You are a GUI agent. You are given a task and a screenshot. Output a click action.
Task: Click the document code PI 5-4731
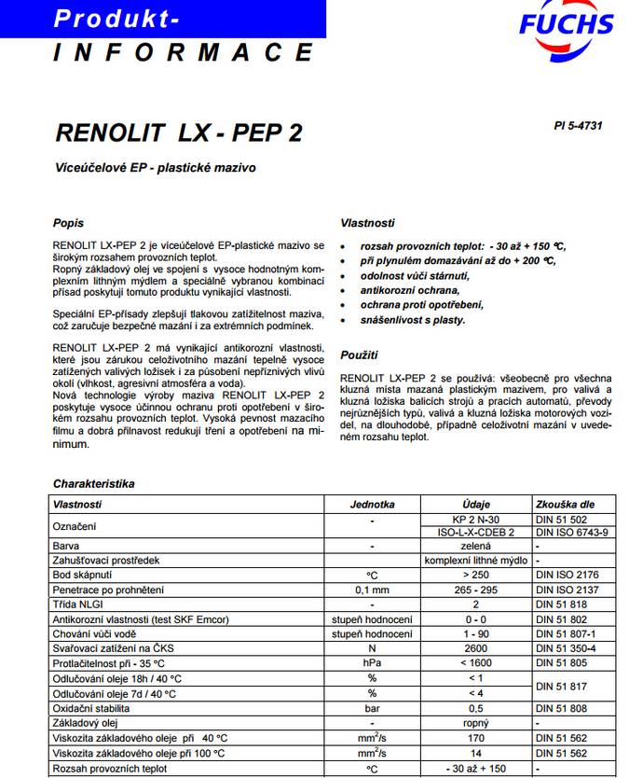coord(578,125)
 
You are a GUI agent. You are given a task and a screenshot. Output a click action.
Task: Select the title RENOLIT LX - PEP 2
coord(179,132)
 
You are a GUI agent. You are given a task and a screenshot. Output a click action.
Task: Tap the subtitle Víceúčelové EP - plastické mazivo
coord(155,169)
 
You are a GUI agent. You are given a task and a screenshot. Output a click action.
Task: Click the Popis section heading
coord(68,224)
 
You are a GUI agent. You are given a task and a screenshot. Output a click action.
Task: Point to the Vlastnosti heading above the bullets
coord(367,224)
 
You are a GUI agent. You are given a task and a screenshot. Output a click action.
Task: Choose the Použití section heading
coord(359,355)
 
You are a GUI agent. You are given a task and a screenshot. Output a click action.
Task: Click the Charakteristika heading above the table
coord(94,484)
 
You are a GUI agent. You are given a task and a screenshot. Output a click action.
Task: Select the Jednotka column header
coord(372,505)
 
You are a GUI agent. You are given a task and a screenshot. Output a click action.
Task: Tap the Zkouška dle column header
coord(565,505)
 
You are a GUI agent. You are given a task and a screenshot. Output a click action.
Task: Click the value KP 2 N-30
coord(475,519)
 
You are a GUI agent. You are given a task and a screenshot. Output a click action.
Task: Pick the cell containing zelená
coord(475,547)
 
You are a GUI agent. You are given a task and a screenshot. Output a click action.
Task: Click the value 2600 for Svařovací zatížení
coord(475,648)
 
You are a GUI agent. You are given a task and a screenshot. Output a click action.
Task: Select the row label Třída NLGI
coord(85,604)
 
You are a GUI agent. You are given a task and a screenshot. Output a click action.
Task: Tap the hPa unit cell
coord(372,663)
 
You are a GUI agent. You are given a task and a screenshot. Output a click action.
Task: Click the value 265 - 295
coord(475,590)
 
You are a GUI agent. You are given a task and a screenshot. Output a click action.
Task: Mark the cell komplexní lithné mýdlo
coord(475,561)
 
